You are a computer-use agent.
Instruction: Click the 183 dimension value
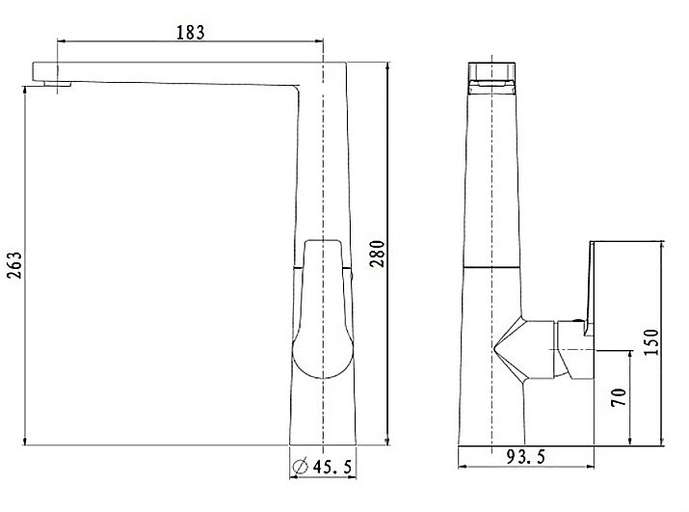[x=190, y=32]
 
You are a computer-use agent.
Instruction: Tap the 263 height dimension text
[x=14, y=265]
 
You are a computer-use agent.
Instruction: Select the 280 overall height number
[x=377, y=254]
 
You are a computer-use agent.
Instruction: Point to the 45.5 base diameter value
[x=332, y=467]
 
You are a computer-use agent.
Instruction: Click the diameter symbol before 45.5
[x=300, y=466]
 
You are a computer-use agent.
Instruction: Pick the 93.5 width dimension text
[x=525, y=457]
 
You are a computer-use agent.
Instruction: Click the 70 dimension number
[x=619, y=397]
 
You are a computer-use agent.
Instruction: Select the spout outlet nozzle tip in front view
[x=57, y=84]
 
